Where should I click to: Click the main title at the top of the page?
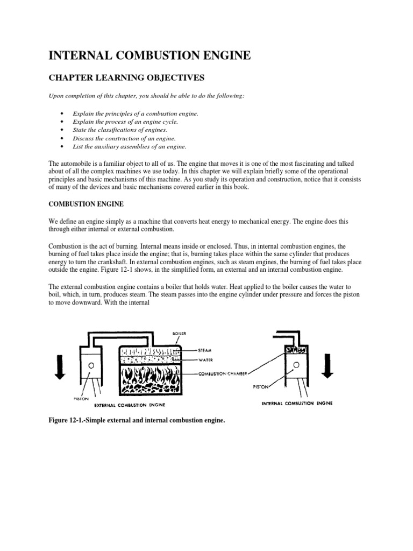point(150,55)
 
